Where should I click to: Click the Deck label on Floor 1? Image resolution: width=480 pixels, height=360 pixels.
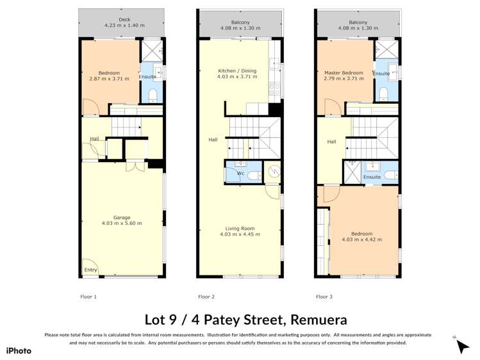click(120, 19)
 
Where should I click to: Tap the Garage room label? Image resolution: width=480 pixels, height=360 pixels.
click(121, 217)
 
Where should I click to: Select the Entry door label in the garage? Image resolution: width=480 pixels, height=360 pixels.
click(90, 270)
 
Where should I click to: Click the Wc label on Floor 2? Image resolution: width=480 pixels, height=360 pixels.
click(241, 173)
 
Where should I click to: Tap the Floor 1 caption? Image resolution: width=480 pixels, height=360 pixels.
click(88, 297)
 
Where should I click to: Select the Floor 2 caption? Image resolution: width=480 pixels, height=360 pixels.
click(206, 297)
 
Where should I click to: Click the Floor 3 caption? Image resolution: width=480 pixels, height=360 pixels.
click(324, 297)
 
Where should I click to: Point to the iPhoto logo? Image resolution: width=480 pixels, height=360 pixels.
click(19, 350)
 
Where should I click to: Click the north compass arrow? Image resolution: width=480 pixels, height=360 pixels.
click(462, 346)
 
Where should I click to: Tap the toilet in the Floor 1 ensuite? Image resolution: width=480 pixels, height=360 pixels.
click(153, 95)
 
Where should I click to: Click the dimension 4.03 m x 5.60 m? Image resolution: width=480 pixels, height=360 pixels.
click(121, 224)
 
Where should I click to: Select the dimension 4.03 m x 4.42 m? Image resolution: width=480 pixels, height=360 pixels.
click(361, 240)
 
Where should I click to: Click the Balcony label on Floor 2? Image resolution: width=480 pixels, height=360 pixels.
click(240, 22)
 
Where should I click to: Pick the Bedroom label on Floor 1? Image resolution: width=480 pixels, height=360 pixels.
click(109, 73)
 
